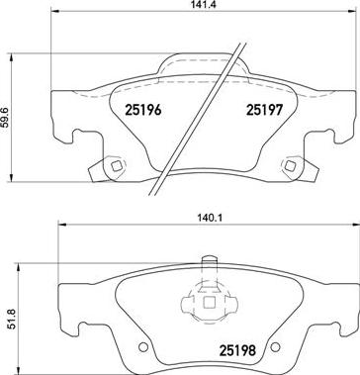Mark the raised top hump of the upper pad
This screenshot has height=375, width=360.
click(x=203, y=62)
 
